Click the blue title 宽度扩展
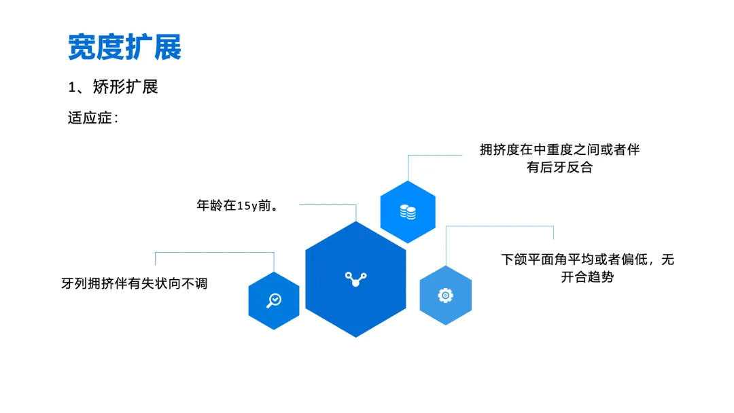click(124, 47)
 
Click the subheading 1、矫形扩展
click(113, 87)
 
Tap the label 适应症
click(92, 118)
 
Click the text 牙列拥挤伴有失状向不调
click(135, 283)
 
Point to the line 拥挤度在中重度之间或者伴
click(559, 150)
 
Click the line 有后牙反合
click(559, 167)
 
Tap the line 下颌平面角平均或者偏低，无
click(587, 259)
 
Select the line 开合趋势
click(587, 277)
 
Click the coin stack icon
click(408, 212)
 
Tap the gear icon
click(445, 295)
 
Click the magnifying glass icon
click(274, 300)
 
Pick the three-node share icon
click(355, 279)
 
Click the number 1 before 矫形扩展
click(71, 88)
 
